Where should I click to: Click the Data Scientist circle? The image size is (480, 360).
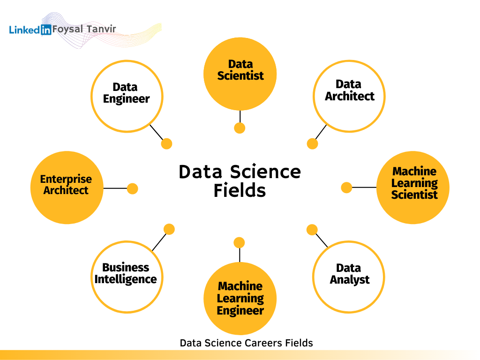(240, 74)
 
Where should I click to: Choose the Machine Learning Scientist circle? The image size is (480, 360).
(413, 187)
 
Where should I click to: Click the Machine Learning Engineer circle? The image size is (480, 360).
(240, 299)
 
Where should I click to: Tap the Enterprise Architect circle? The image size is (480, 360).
(67, 187)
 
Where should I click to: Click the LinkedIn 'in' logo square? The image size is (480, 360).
(46, 30)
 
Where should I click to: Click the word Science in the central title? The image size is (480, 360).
(265, 172)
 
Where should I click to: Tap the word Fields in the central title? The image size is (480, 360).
(240, 190)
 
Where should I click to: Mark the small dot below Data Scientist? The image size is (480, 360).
(240, 128)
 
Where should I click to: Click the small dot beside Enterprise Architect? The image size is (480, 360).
(132, 188)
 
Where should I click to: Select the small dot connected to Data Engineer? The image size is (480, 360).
(166, 143)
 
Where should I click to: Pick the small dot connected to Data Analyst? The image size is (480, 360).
(312, 230)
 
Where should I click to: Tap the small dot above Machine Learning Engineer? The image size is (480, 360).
(239, 243)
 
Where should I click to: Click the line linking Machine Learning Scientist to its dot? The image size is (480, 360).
(364, 187)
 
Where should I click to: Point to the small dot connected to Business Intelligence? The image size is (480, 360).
(169, 229)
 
